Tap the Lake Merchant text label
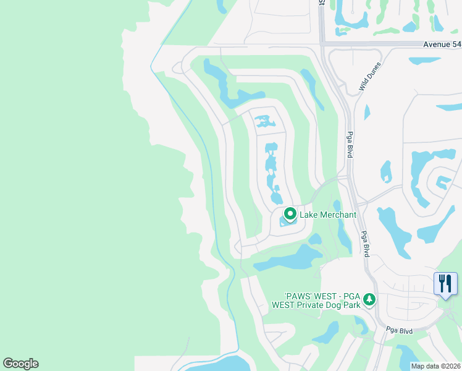coord(328,215)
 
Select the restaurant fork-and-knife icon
coord(445,283)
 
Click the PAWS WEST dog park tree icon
coord(369,299)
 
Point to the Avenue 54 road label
coord(442,45)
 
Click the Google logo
coord(20,364)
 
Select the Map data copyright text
coord(436,366)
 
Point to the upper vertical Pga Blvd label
coord(350,144)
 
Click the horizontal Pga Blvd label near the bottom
coord(400,331)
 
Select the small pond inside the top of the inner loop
coord(264,121)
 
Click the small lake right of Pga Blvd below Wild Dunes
coord(367,112)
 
